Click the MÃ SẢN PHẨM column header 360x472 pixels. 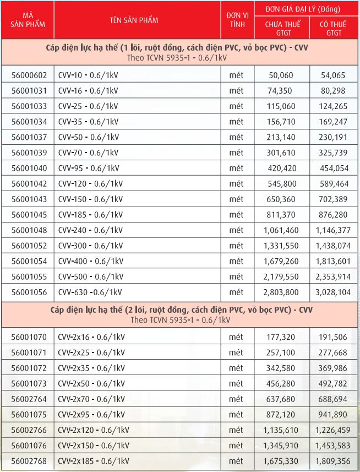point(27,20)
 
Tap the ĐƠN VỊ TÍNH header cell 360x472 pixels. point(237,20)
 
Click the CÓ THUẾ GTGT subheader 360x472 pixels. point(334,28)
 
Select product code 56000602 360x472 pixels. point(29,75)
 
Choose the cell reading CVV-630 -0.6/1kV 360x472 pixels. point(90,292)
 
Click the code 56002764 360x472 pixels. point(29,399)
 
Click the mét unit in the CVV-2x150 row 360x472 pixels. point(236,445)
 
